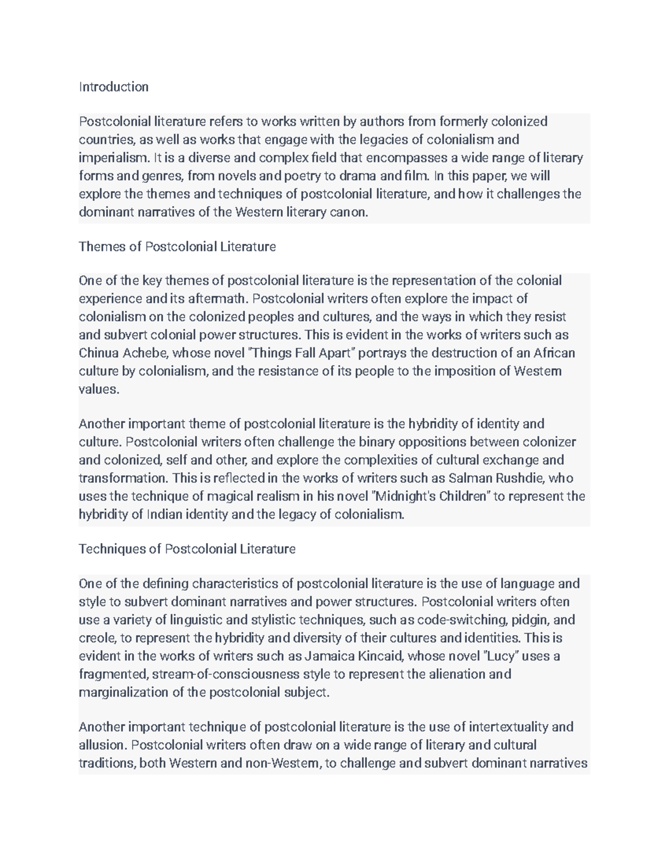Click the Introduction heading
click(x=114, y=87)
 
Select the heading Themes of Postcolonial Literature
click(x=177, y=246)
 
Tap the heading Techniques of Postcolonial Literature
click(x=187, y=549)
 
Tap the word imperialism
click(x=114, y=158)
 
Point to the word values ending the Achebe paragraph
click(x=99, y=389)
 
